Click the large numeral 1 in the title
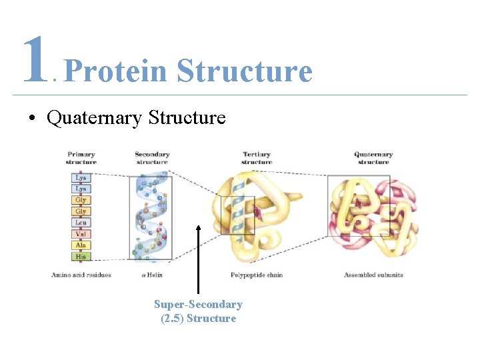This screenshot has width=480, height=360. coord(35,61)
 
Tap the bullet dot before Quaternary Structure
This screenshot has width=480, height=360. coord(31,119)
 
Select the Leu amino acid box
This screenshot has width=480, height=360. coord(81,223)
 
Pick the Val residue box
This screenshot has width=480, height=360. coord(81,234)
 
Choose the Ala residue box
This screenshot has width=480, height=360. coord(81,245)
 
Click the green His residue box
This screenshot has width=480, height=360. coord(81,257)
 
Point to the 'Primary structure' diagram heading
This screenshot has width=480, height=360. coord(81,158)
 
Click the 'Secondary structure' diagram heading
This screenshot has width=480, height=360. coord(152,158)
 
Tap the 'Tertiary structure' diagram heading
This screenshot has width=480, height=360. coord(257,158)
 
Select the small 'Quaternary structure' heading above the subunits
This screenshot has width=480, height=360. coord(373,158)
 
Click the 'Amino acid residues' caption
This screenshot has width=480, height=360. coord(81,275)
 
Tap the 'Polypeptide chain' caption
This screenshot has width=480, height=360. coord(257,275)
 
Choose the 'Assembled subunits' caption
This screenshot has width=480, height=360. coord(373,275)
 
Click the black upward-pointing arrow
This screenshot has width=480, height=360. coord(198,260)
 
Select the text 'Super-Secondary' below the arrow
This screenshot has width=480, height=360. coord(198,305)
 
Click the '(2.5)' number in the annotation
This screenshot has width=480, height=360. coord(172,319)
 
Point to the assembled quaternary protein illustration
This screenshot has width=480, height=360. coord(373,217)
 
